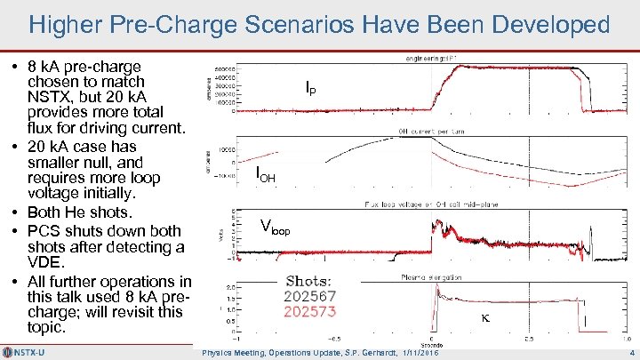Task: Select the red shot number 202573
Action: pyautogui.click(x=309, y=313)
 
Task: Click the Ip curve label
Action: pyautogui.click(x=309, y=88)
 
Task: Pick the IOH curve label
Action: pyautogui.click(x=265, y=174)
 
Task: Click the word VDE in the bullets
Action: pyautogui.click(x=44, y=264)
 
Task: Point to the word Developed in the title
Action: pyautogui.click(x=553, y=24)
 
